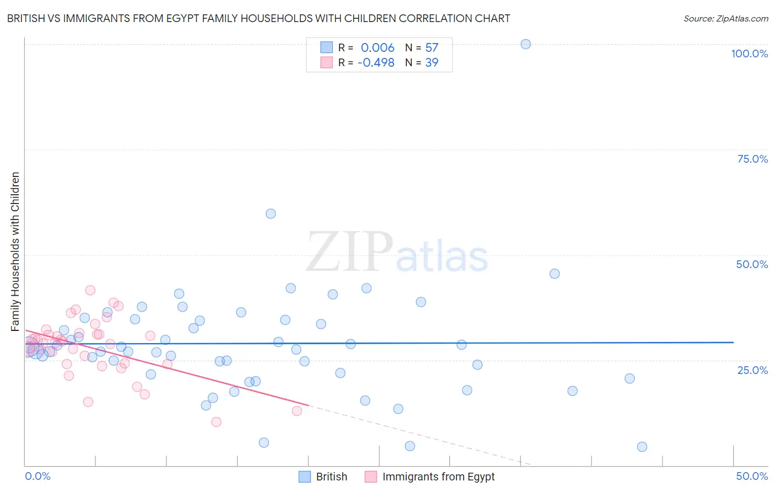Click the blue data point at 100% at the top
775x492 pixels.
coord(525,44)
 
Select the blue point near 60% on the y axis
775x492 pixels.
coord(271,213)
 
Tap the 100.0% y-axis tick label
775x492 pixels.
coord(749,54)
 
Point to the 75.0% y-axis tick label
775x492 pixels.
coord(752,159)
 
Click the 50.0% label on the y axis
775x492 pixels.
coord(752,264)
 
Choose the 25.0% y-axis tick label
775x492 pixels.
coord(752,370)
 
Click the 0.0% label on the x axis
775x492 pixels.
coord(37,476)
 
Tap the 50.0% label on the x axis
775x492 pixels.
coord(752,476)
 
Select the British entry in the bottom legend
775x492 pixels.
coord(323,477)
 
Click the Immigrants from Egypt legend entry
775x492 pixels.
coord(430,477)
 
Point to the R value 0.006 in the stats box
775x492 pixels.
coord(378,47)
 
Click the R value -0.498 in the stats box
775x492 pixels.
coord(376,62)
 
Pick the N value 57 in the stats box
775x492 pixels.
coord(432,47)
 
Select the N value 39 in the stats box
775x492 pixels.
coord(432,62)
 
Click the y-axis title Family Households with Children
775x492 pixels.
coord(15,252)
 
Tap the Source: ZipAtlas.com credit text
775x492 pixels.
coord(725,18)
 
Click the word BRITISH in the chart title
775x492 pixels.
coord(27,18)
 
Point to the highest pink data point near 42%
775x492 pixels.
coord(90,290)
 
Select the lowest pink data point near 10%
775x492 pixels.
coord(216,422)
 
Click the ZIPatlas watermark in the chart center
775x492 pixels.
coord(397,252)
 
